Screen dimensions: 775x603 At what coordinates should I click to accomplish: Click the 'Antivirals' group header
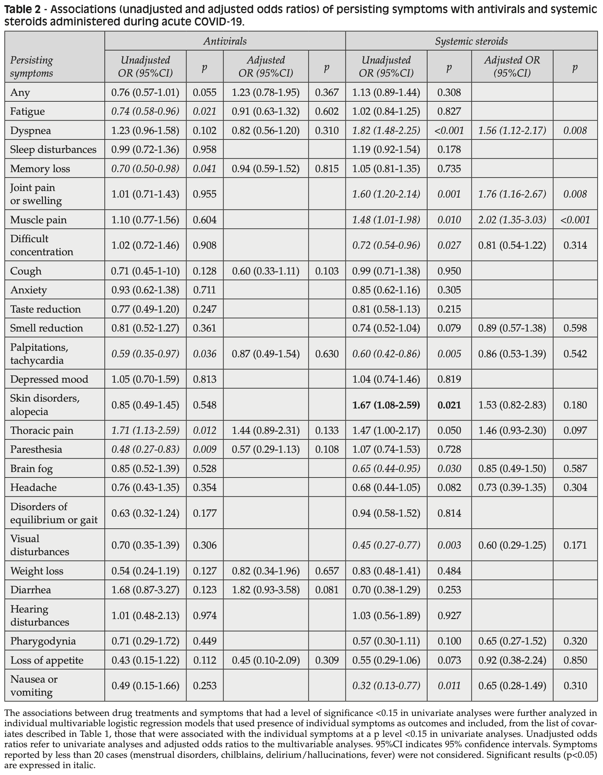point(225,41)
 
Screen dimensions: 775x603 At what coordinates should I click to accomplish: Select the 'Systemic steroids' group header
point(471,41)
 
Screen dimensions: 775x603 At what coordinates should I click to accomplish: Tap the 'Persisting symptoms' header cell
point(32,66)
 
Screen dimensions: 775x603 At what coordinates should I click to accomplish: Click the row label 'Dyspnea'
point(31,131)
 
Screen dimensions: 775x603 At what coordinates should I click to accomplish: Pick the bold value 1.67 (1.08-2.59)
point(386,405)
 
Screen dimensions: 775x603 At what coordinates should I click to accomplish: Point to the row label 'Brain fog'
point(31,469)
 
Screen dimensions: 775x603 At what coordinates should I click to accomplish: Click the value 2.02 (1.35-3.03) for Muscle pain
point(512,220)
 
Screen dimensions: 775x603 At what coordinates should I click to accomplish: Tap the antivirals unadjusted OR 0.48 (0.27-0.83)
point(145,450)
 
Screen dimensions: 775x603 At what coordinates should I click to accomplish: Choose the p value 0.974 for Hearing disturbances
point(204,616)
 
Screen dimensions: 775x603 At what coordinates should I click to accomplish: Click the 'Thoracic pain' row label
point(42,430)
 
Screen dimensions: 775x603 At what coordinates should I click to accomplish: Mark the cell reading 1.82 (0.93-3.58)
point(266,590)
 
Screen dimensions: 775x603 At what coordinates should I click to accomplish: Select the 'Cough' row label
point(26,271)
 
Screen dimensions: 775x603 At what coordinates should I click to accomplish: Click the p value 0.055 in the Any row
point(204,93)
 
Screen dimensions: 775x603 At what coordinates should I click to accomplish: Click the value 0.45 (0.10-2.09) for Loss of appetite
point(266,660)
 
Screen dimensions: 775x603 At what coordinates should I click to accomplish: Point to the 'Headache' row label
point(33,487)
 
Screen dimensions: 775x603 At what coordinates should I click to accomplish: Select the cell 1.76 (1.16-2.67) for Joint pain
point(512,194)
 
